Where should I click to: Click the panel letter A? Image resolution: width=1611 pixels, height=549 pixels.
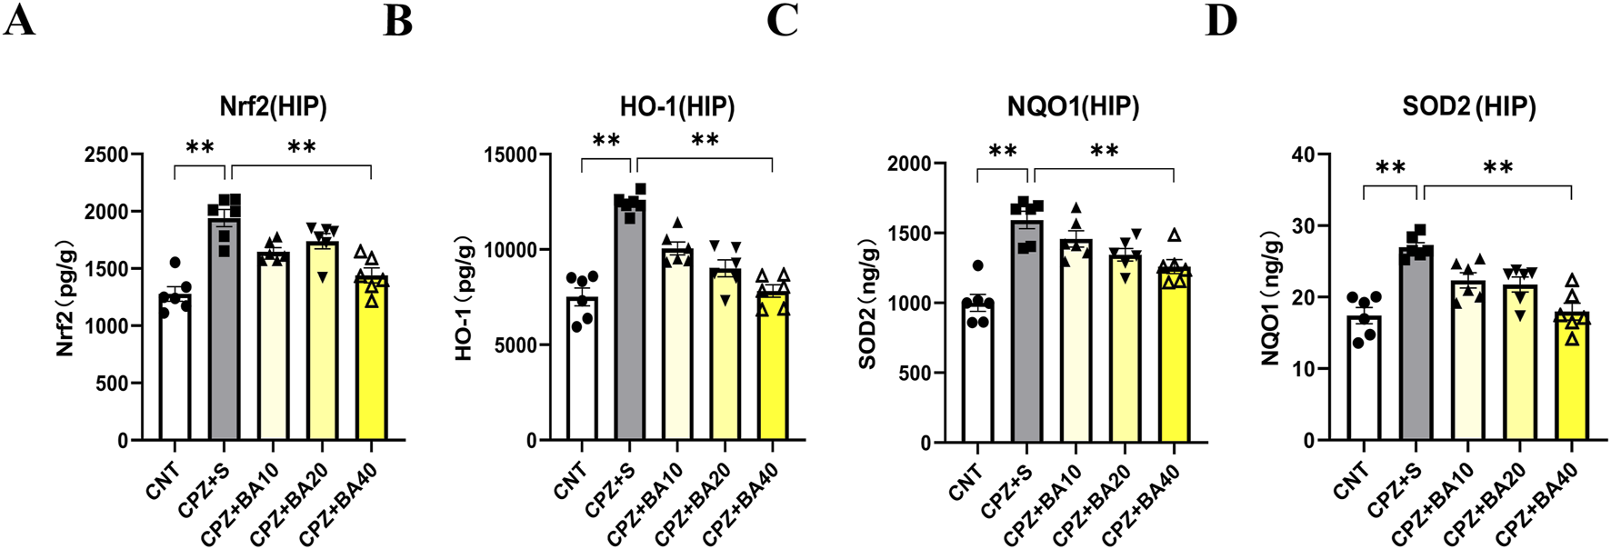tap(19, 20)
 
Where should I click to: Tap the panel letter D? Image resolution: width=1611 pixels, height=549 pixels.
tap(1221, 20)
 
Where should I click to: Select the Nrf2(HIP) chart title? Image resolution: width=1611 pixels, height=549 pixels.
tap(273, 106)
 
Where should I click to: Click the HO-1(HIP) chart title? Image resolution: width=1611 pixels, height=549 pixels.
tap(677, 106)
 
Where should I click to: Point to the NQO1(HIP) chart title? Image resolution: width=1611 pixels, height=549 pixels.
tap(1073, 106)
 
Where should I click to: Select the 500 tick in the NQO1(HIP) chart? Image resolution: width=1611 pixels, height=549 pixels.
tap(913, 373)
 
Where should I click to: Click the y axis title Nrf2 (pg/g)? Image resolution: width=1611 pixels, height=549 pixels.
tap(65, 298)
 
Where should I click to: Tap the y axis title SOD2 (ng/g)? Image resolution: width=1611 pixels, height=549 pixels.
tap(867, 303)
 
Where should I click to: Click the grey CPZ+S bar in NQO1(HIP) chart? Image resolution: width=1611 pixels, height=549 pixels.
tap(1026, 336)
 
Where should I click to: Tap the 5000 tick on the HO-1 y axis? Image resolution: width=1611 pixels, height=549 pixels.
tap(514, 345)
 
